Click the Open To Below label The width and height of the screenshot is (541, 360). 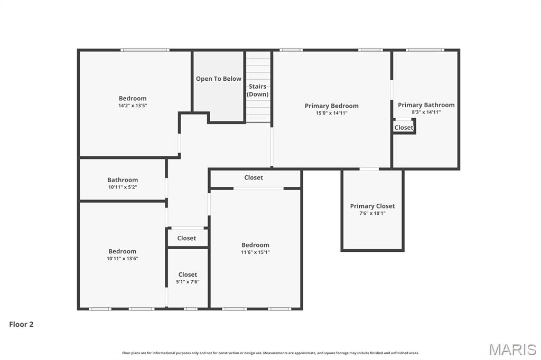pos(218,79)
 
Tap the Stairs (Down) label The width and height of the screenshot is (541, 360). pos(258,90)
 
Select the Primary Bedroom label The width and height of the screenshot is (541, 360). pos(331,106)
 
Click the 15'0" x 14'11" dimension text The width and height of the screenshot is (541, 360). pos(331,113)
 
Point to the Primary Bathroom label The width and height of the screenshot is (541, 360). pos(426,105)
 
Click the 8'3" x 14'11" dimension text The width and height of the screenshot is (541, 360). pos(426,112)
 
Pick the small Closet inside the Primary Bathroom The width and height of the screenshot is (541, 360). pos(404,127)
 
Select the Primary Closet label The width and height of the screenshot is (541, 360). pos(372,206)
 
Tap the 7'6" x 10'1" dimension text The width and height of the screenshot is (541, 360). pos(372,213)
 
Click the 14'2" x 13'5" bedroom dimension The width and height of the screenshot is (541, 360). pos(133,106)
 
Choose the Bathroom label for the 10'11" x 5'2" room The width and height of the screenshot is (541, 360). pos(123,179)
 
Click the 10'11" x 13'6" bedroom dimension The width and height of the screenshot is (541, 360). pos(122,259)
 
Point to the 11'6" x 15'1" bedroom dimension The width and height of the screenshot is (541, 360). pos(255,252)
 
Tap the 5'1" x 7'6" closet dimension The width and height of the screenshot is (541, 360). pos(188,282)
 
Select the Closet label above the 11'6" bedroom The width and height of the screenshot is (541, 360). pos(254,177)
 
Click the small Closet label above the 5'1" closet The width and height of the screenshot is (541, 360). pos(186,238)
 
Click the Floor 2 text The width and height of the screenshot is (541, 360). pos(21,325)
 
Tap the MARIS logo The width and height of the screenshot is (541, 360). pos(512,349)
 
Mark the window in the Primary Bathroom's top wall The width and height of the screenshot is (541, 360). pos(425,50)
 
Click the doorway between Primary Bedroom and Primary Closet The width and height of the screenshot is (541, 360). pos(369,169)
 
